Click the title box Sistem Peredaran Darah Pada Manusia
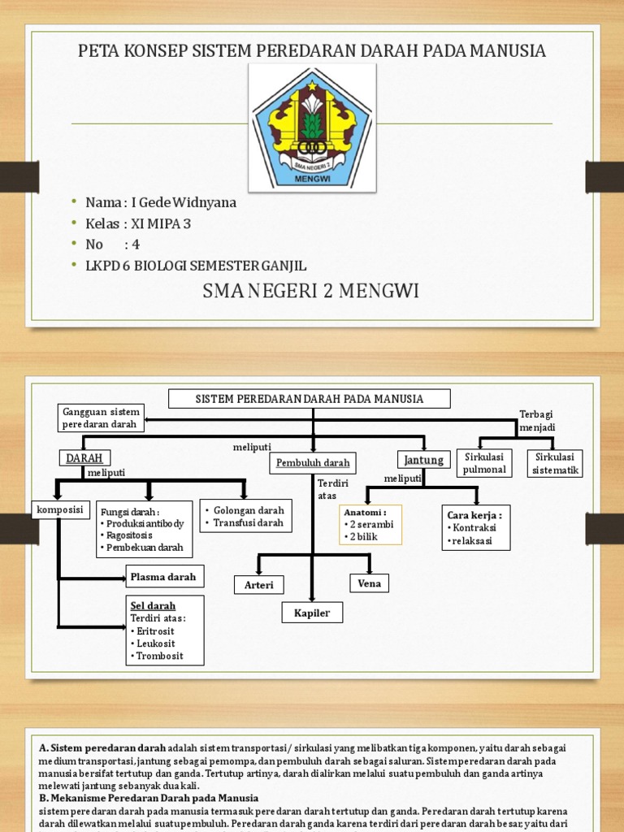click(309, 399)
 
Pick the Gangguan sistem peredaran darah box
click(102, 418)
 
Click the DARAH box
click(84, 458)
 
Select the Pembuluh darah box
click(313, 463)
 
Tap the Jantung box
click(423, 460)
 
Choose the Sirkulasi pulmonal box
click(484, 463)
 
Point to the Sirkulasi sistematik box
click(555, 463)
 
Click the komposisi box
click(60, 509)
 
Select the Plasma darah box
click(163, 577)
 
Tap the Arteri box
click(259, 585)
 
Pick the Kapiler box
click(313, 613)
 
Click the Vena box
click(369, 583)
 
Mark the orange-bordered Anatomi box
click(370, 525)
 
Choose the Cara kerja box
click(476, 527)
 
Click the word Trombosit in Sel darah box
click(160, 656)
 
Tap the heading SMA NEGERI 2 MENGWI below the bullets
click(311, 291)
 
